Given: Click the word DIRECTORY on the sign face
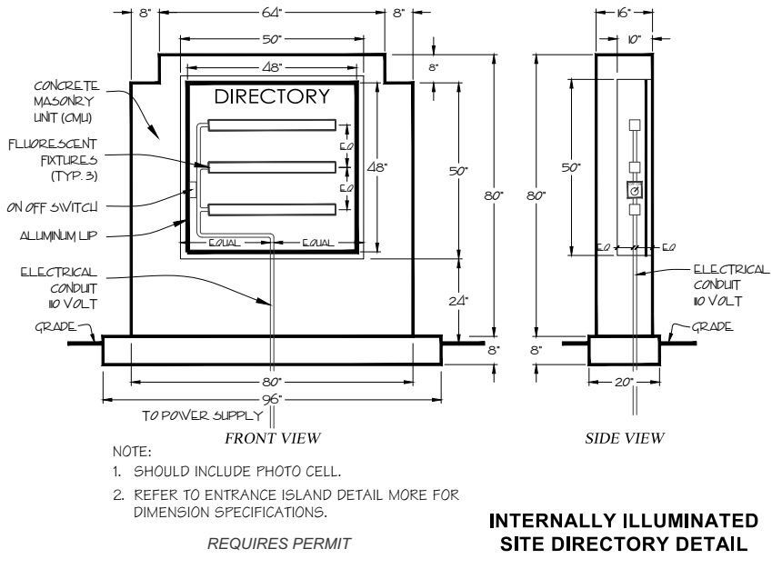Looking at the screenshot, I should (x=271, y=97).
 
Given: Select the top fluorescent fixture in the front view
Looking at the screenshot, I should (x=272, y=125).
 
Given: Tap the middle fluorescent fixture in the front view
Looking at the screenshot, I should (x=272, y=167).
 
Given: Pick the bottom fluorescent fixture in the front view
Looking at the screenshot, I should (x=272, y=210).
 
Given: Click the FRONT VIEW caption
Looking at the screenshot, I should (x=273, y=438).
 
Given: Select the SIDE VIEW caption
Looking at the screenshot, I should (x=626, y=438).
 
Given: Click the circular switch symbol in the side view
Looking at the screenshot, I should (x=635, y=190).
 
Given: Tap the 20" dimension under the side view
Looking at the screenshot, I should (x=624, y=383).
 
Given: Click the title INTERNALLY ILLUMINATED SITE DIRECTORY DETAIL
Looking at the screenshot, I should (x=623, y=534).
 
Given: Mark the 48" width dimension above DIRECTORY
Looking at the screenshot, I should (x=270, y=67).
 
